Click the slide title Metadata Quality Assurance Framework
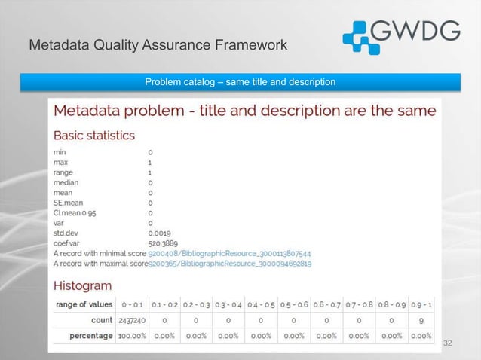click(x=158, y=46)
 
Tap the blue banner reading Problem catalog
click(x=240, y=81)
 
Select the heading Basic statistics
click(x=94, y=136)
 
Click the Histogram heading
click(x=82, y=286)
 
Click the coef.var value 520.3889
click(x=165, y=244)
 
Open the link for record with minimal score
click(x=229, y=254)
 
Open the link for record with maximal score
click(x=230, y=264)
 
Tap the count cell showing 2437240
click(x=133, y=320)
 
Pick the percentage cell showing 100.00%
click(x=132, y=336)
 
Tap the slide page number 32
click(x=449, y=343)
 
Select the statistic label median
click(x=66, y=182)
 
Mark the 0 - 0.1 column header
click(x=133, y=304)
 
